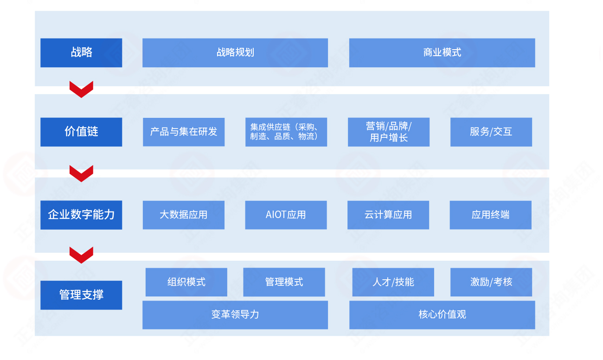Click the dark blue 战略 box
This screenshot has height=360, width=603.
[x=81, y=53]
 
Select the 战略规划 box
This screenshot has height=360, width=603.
[x=235, y=53]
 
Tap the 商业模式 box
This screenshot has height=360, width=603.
[x=442, y=53]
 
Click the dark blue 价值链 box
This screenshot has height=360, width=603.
[x=81, y=132]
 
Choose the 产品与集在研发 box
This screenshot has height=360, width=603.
[x=184, y=132]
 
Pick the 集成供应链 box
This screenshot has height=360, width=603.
[x=286, y=132]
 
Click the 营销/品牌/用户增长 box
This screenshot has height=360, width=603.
[x=389, y=132]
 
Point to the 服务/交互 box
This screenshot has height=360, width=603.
[x=491, y=132]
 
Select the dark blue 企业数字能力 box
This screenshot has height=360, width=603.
[x=81, y=215]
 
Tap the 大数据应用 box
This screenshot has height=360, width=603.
[x=184, y=215]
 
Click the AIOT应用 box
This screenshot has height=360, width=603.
[x=286, y=215]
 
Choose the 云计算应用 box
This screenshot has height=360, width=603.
[x=388, y=215]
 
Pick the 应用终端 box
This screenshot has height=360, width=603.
[x=490, y=215]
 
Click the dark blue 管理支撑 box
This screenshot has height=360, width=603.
[x=81, y=295]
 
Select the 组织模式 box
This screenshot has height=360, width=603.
[x=186, y=282]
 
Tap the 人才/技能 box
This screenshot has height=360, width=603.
[x=393, y=282]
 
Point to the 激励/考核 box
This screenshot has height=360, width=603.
[x=491, y=282]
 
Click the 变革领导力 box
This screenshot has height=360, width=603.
[x=235, y=315]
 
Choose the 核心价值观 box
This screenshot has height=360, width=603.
[x=442, y=315]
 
